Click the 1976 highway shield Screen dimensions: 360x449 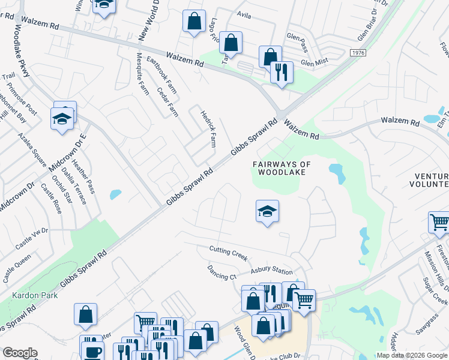pos(358,53)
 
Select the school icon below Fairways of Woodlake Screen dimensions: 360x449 pos(267,212)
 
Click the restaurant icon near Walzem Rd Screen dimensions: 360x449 pos(282,73)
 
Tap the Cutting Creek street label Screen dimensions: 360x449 pos(228,253)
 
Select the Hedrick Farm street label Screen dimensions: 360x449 pos(208,129)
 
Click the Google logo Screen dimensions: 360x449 pos(20,353)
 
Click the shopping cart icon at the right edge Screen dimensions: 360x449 pos(439,222)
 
